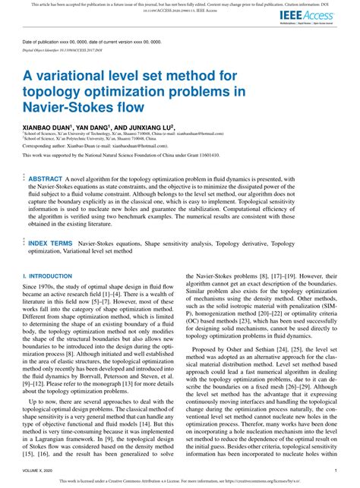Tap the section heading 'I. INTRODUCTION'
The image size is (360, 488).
47,276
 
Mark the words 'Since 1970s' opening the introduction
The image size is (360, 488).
39,288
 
